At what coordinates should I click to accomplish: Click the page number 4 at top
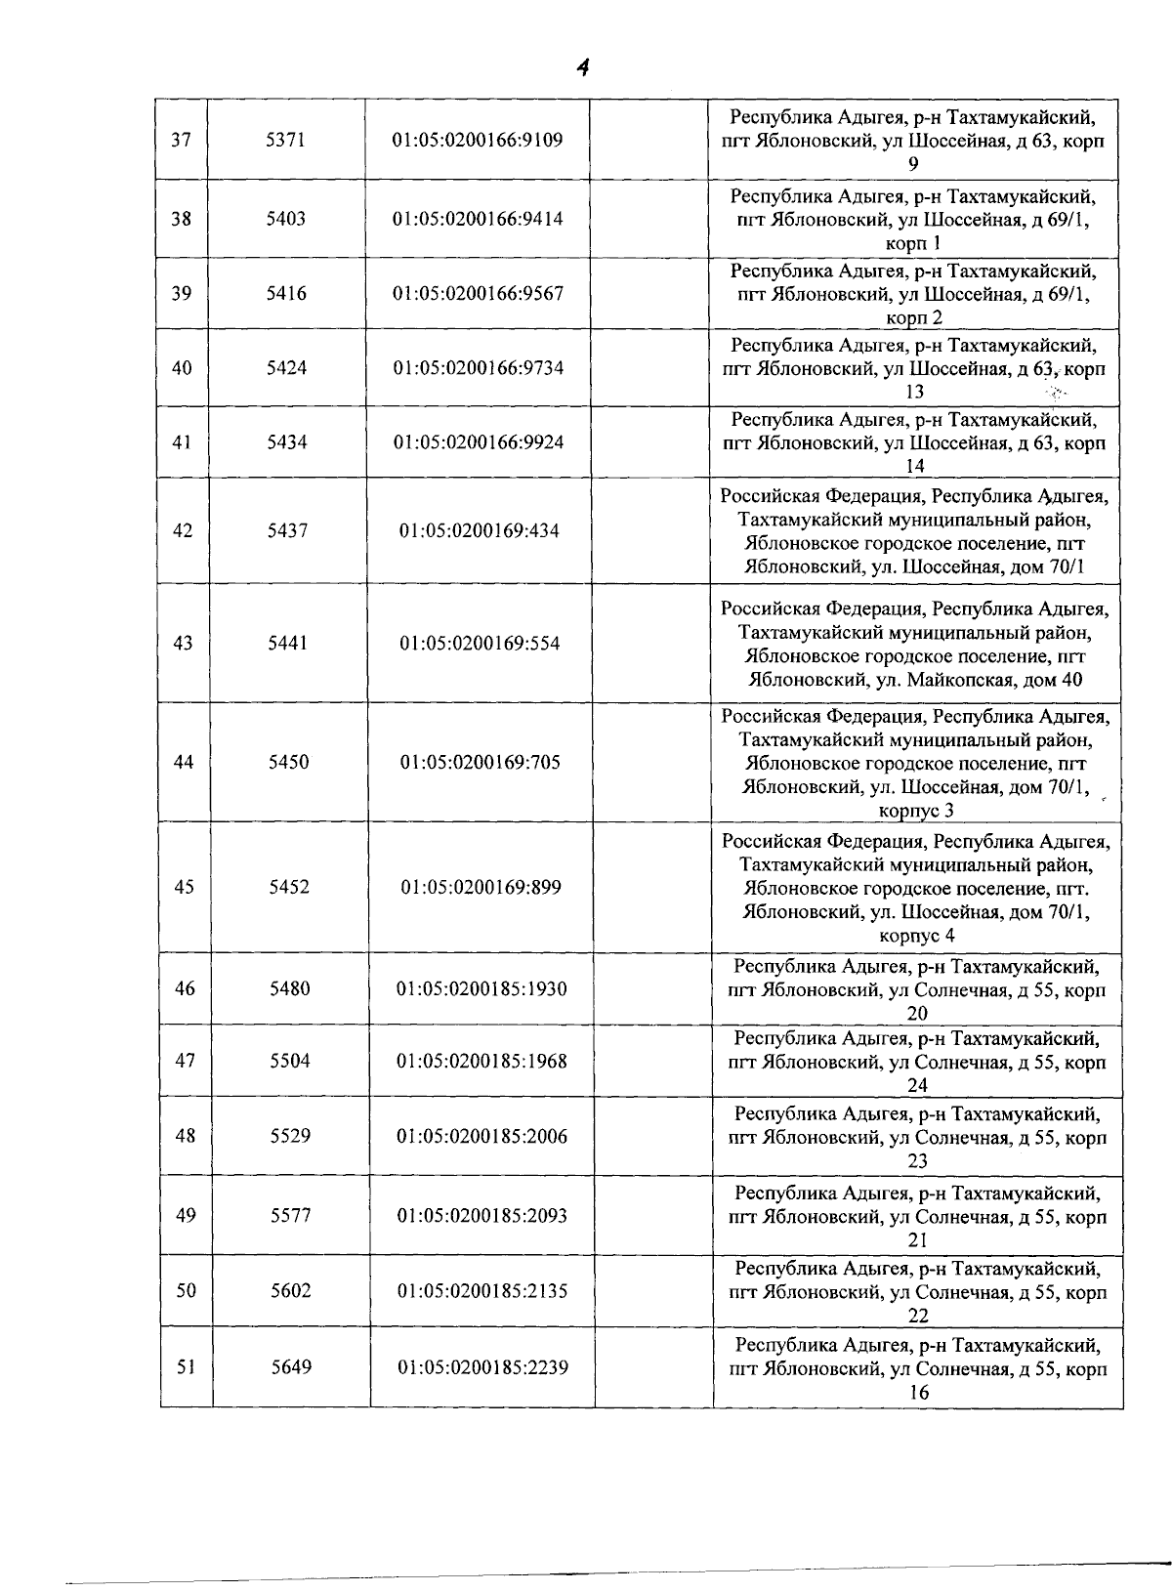point(582,67)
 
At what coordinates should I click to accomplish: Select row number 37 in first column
point(181,140)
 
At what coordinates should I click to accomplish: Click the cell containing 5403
point(286,219)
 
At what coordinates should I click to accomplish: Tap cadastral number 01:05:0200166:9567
point(478,294)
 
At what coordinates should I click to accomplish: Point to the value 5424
point(286,368)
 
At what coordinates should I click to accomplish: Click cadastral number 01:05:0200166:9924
point(479,442)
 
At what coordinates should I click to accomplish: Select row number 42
point(183,531)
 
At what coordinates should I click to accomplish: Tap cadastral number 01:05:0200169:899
point(481,888)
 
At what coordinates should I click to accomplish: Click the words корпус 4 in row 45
point(917,936)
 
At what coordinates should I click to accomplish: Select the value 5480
point(290,989)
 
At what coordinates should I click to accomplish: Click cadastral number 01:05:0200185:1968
point(481,1062)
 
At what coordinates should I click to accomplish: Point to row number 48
point(185,1136)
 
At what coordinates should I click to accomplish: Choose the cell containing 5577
point(290,1216)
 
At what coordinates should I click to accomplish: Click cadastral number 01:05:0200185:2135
point(482,1291)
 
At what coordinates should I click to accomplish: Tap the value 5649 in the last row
point(291,1367)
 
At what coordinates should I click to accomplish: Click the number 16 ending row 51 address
point(918,1393)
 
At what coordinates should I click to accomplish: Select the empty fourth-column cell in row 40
point(649,368)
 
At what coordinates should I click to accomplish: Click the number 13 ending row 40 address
point(915,393)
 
